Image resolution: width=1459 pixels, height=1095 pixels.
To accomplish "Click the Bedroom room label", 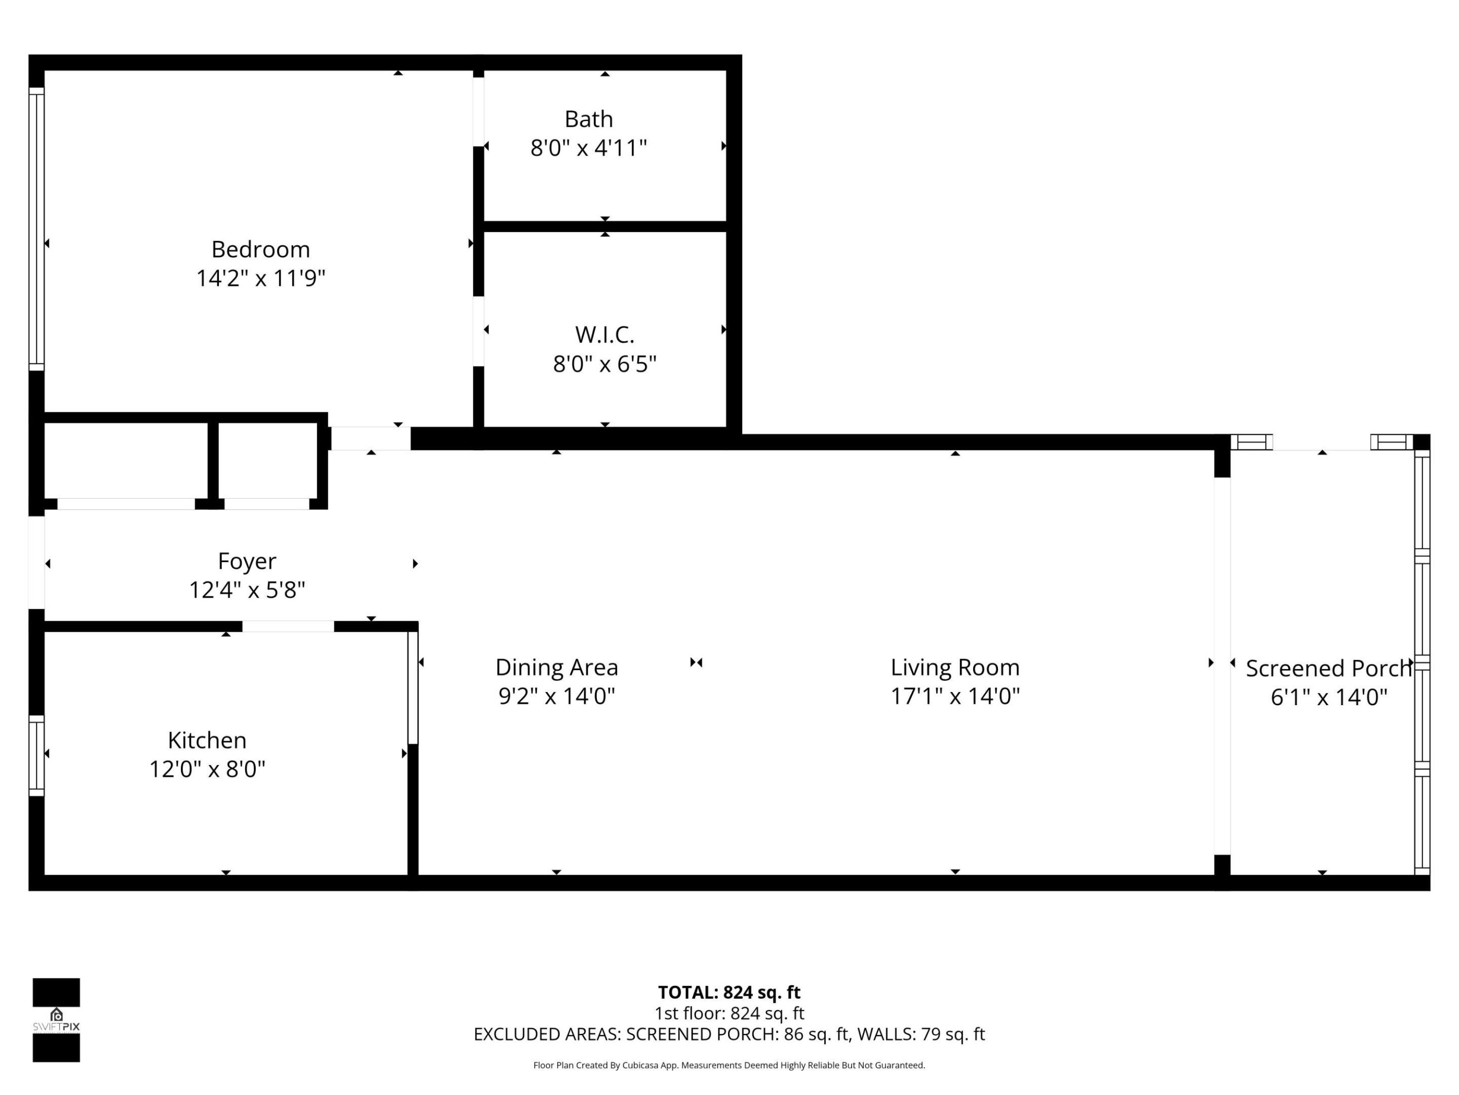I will click(260, 249).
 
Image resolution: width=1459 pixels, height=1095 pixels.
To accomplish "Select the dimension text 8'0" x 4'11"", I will click(588, 148).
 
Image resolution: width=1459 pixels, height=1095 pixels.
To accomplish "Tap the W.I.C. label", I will click(604, 335).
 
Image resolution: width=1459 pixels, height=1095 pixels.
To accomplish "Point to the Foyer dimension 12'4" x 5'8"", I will click(247, 590).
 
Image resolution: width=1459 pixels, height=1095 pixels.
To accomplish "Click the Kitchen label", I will click(207, 740).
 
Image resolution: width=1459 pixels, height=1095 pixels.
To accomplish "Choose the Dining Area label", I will click(557, 667).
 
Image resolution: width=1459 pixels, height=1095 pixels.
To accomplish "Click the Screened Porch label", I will click(1328, 669).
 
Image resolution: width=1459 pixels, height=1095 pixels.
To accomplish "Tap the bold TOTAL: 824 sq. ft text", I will click(729, 992).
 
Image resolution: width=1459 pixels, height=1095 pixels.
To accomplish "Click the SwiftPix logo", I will click(56, 1020).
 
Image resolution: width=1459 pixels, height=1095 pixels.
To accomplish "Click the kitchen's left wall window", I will click(36, 756).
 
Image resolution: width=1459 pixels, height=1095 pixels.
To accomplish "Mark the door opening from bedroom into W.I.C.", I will click(478, 332).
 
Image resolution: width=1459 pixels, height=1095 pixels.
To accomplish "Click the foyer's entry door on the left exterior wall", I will click(36, 562).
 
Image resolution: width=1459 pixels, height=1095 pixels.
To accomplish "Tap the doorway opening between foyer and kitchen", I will click(288, 627).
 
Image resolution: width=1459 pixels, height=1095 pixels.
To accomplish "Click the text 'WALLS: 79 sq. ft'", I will click(920, 1034).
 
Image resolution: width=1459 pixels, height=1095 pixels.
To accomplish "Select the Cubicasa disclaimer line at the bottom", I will click(729, 1065).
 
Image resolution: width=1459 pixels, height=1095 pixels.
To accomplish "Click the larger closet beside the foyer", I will click(125, 460).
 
